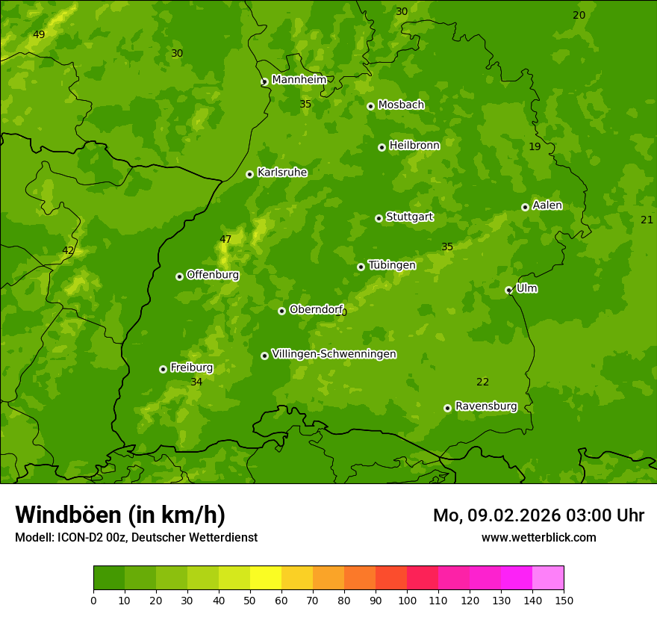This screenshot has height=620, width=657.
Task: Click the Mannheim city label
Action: pos(299,79)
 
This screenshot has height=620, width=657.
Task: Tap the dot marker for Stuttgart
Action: pos(379,218)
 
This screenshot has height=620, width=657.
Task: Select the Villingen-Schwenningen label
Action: pos(334,354)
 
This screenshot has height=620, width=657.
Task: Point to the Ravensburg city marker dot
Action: pos(447,408)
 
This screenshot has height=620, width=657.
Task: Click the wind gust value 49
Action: pos(39,34)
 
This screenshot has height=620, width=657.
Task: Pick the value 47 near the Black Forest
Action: pos(225,239)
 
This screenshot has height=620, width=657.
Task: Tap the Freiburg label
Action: pos(191,368)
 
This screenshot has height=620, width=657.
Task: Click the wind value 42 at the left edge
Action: pos(68,250)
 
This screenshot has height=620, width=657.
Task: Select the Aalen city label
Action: pos(547,205)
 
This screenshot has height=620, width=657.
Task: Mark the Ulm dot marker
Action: pos(508,290)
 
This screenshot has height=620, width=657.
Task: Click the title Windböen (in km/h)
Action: pos(120,515)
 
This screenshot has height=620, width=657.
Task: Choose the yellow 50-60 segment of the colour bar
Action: pos(266,578)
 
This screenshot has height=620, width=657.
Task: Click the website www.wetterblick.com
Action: pos(538,537)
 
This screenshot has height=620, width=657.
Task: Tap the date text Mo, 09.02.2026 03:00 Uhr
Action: pos(538,515)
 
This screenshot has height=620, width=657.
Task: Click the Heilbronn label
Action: pos(414,145)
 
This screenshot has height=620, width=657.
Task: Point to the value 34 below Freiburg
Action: pos(196,382)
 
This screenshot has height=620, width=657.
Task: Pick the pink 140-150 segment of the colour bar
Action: pos(548,578)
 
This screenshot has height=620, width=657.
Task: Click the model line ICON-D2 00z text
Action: pos(136,537)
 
